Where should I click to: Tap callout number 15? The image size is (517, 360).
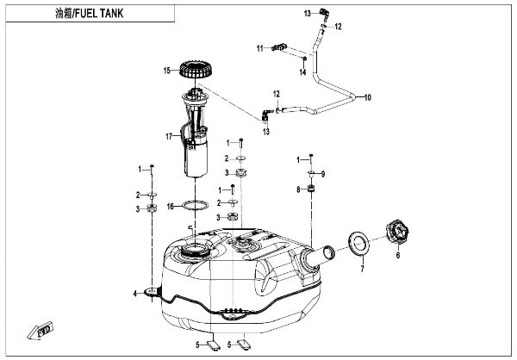coord(169,69)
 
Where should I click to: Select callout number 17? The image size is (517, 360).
coord(170,137)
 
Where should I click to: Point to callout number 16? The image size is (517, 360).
coord(170,207)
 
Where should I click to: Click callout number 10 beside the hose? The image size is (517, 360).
coord(368,97)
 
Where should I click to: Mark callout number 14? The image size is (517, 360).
coord(303,71)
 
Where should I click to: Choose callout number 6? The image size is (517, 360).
coord(398,255)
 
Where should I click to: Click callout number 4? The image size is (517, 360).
coord(134,295)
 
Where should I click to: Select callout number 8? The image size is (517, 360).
coord(298,189)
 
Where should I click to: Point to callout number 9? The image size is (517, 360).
coord(321,175)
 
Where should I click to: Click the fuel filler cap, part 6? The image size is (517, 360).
coord(398,231)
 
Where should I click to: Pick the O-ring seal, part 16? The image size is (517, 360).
coord(197,206)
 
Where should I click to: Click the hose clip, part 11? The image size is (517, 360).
coord(279,47)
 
